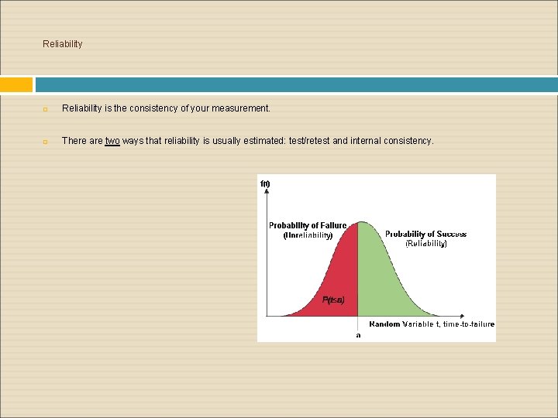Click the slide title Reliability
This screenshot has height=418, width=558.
point(62,44)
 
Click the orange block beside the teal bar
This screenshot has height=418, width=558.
point(16,84)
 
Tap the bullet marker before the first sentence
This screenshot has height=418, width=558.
point(46,109)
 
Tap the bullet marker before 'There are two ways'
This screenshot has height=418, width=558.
point(46,142)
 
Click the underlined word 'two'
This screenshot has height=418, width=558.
point(112,141)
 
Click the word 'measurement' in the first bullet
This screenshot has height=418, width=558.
point(243,108)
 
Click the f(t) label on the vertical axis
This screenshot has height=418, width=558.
point(265,183)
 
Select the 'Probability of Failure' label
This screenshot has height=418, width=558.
point(308,225)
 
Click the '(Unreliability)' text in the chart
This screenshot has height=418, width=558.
point(308,235)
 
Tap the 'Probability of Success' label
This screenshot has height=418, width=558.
point(425,234)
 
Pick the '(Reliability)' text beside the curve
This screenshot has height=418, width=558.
point(425,243)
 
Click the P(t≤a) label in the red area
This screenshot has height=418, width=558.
point(332,300)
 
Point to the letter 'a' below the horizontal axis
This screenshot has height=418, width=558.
point(357,334)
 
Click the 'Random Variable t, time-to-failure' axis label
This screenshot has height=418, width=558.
point(431,324)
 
